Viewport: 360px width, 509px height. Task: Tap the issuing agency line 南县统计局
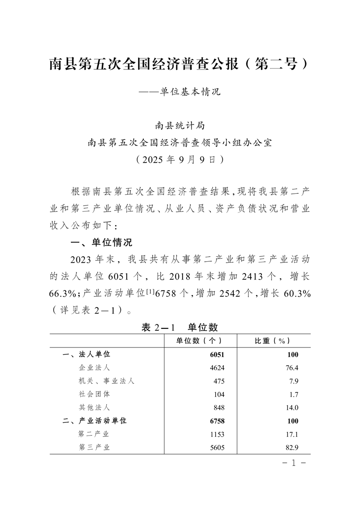[x=180, y=125]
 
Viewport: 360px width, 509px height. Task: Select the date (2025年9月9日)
[x=180, y=159]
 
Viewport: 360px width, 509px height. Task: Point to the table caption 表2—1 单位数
[x=180, y=327]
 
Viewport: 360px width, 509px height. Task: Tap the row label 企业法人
[x=94, y=367]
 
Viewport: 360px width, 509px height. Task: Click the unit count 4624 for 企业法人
[x=217, y=367]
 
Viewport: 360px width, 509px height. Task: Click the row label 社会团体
[x=94, y=394]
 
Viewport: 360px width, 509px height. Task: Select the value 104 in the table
[x=219, y=394]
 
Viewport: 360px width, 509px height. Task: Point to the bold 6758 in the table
[x=217, y=421]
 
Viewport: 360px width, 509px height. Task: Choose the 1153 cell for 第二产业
[x=217, y=434]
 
